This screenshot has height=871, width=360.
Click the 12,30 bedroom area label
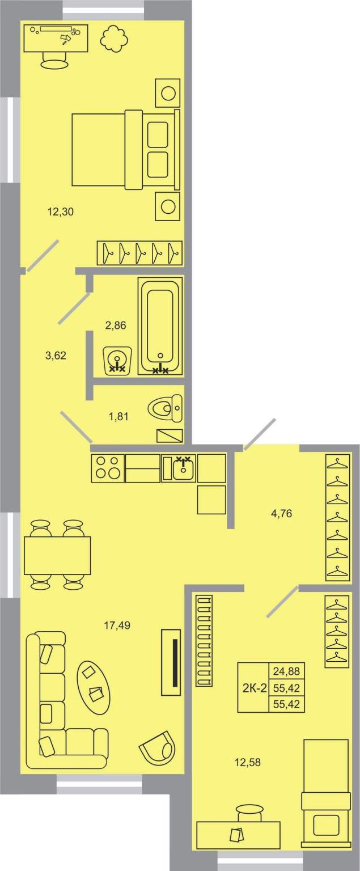pos(60,212)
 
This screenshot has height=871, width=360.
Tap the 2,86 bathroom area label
pos(116,325)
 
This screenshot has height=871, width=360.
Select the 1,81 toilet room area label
pos(118,416)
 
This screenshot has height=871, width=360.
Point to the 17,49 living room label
pos(117,625)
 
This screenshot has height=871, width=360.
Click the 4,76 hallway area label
pos(281,514)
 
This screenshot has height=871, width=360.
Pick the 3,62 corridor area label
pos(56,356)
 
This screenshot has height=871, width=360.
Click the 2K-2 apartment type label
pos(255,688)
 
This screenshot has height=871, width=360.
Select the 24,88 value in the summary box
pos(286,671)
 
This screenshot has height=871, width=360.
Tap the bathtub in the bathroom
pos(160,326)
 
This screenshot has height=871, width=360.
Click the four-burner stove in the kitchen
pos(108,468)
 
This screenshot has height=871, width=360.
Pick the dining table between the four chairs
pos(57,555)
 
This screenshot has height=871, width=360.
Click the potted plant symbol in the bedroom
pos(115,38)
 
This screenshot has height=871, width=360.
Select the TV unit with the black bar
pos(171,662)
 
